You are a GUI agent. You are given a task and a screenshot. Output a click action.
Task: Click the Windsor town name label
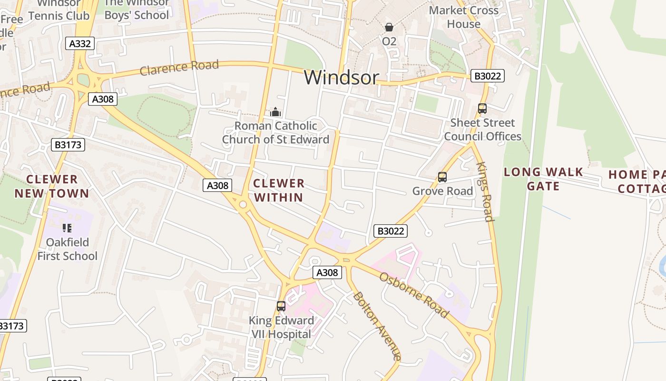click(342, 77)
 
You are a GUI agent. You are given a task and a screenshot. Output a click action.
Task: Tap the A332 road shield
click(80, 44)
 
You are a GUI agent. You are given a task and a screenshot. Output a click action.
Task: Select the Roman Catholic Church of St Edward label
click(275, 133)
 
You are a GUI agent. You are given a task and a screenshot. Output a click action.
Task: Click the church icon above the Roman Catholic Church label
click(275, 112)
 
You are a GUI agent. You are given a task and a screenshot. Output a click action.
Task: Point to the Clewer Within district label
click(279, 190)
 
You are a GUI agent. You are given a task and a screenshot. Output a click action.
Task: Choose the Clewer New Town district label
click(52, 187)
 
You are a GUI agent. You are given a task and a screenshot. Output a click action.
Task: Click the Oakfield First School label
click(67, 249)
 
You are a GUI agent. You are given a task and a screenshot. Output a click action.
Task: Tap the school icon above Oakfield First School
click(67, 228)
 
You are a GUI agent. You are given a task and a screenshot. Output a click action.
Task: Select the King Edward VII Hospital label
click(281, 327)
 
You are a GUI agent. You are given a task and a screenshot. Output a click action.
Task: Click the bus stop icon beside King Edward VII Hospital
click(281, 306)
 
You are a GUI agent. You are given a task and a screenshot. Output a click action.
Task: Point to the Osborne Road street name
click(413, 295)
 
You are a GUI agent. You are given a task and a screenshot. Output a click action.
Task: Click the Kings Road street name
click(484, 192)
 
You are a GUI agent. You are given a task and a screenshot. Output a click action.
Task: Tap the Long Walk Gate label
click(543, 179)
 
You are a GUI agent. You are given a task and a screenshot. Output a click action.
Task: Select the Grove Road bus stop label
click(442, 191)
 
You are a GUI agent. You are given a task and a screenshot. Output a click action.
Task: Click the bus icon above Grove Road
click(442, 178)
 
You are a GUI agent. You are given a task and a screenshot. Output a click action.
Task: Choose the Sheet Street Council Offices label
click(482, 130)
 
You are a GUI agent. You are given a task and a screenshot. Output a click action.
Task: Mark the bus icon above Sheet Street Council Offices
click(482, 109)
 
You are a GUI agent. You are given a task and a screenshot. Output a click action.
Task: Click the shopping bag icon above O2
click(389, 27)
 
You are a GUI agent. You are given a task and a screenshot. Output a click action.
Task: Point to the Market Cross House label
click(463, 17)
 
